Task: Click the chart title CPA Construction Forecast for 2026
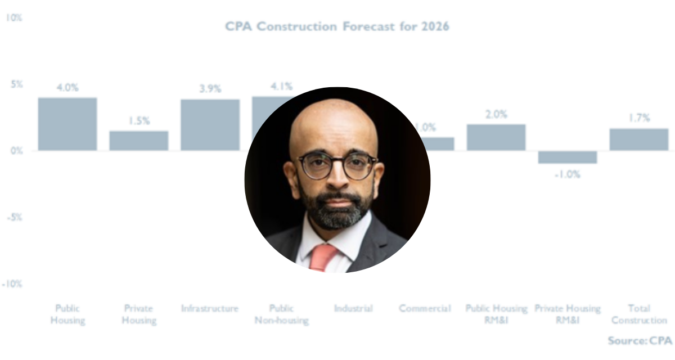tap(337, 26)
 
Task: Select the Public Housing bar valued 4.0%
tap(67, 124)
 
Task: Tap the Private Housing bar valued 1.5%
tap(139, 141)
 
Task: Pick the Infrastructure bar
tap(210, 125)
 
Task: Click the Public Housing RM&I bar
tap(496, 137)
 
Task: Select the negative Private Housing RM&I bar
tap(567, 157)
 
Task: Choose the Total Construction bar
tap(638, 139)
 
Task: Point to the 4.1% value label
tap(281, 87)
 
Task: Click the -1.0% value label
tap(567, 174)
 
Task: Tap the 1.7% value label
tap(638, 118)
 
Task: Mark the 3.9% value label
tap(210, 89)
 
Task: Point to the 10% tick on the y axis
tap(13, 17)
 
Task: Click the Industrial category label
tap(353, 308)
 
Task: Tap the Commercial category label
tap(425, 308)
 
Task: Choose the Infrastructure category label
tap(210, 308)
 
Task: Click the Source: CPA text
tap(640, 341)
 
